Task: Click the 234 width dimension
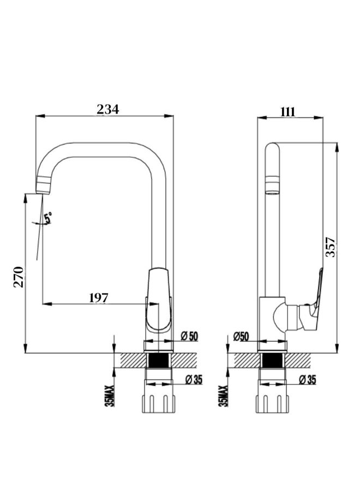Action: point(107,109)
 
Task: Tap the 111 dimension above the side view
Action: point(287,112)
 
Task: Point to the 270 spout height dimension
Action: point(19,277)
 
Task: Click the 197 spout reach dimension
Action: point(98,298)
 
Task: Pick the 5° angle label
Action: point(48,218)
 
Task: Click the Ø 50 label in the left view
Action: point(189,336)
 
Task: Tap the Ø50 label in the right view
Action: point(241,337)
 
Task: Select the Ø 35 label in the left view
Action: point(194,380)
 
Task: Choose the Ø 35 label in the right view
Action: point(308,380)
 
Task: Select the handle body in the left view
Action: point(159,301)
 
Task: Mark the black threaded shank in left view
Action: point(159,361)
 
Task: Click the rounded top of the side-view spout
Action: point(272,149)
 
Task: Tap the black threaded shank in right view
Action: point(272,361)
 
